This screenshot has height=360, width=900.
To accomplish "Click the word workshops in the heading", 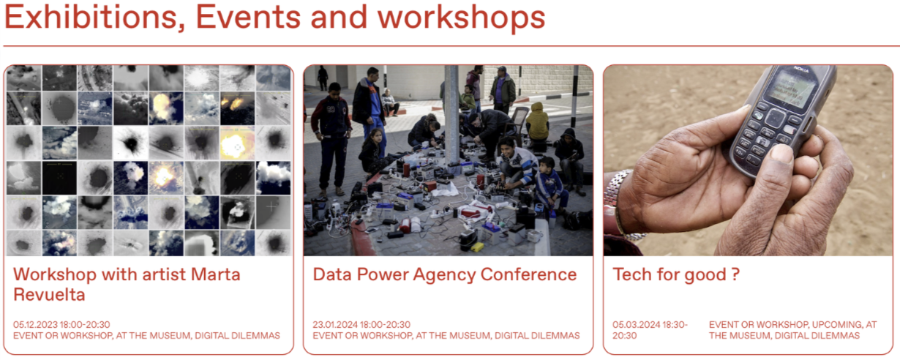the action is pyautogui.click(x=461, y=18).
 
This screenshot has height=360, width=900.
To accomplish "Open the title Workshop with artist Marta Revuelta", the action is pyautogui.click(x=127, y=285).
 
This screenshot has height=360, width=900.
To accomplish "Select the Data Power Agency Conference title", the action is pyautogui.click(x=445, y=275).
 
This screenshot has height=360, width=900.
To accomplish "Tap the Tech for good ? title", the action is pyautogui.click(x=676, y=275).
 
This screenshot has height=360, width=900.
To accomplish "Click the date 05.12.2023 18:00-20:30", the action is pyautogui.click(x=61, y=325).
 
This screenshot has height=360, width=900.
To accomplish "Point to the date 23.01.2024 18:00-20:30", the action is pyautogui.click(x=361, y=325).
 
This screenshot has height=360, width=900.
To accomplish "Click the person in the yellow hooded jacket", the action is pyautogui.click(x=537, y=121).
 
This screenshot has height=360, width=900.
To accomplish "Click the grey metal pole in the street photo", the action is pyautogui.click(x=451, y=116).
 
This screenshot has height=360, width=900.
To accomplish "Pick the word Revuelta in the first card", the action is pyautogui.click(x=49, y=295).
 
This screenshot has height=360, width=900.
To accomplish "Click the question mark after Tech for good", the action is pyautogui.click(x=735, y=275).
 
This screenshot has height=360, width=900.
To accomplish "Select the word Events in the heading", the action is pyautogui.click(x=248, y=18).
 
